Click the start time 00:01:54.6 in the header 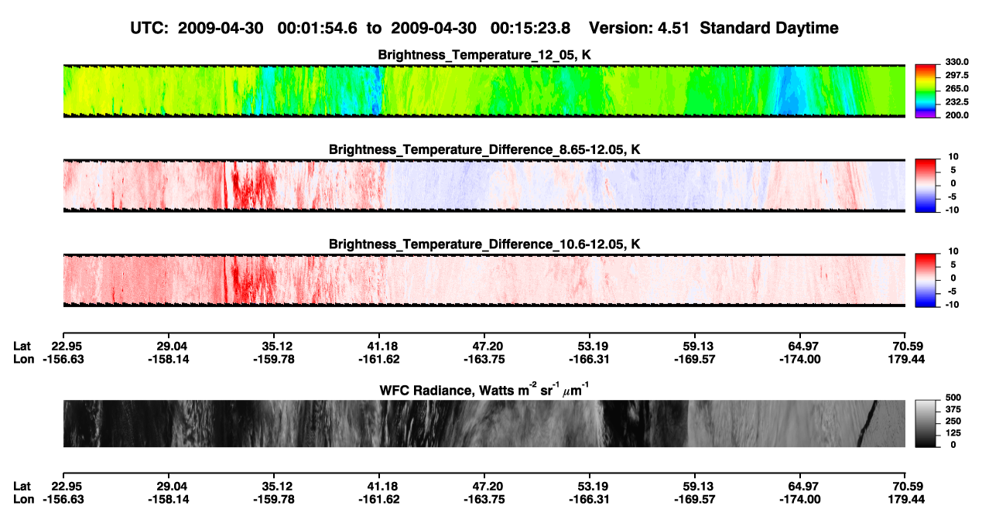coord(317,29)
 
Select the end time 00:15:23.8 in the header coord(530,29)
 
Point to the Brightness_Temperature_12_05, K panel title coord(484,55)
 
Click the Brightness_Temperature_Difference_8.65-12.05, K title coord(484,149)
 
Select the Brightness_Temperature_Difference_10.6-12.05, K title coord(484,244)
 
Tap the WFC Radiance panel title coord(484,390)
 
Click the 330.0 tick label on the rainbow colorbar coord(956,62)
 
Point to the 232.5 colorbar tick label coord(956,102)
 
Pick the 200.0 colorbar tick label coord(956,115)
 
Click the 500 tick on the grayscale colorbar coord(953,398)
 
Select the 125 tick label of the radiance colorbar coord(953,433)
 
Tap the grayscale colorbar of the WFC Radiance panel coord(926,423)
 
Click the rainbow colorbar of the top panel coord(926,91)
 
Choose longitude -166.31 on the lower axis coord(589,500)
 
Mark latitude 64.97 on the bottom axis coord(800,487)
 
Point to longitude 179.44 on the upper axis coord(906,359)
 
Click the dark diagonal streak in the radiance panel coord(867,423)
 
